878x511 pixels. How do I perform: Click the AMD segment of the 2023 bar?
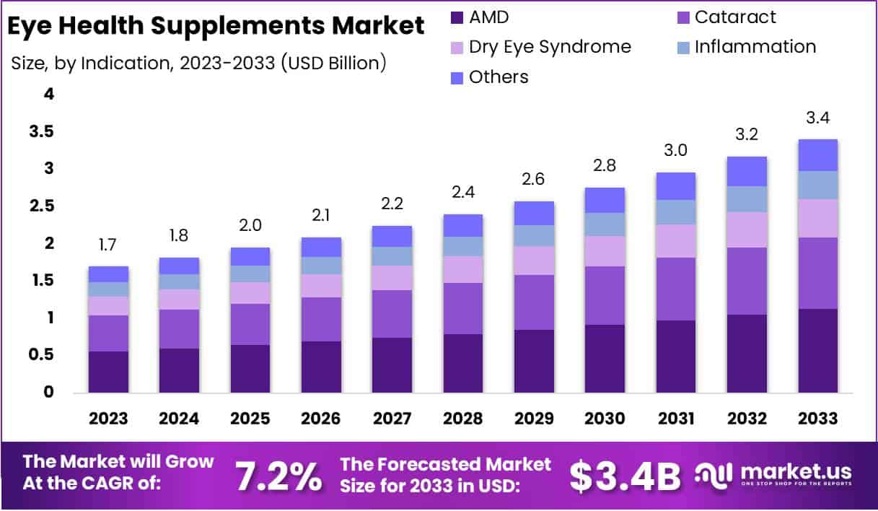tap(108, 372)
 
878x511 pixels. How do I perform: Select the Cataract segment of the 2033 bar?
tap(817, 273)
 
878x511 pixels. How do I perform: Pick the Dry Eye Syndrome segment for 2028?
tap(463, 269)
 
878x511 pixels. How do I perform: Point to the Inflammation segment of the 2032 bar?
tap(747, 199)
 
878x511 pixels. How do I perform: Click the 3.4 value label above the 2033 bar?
tap(817, 118)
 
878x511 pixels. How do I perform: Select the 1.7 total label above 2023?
tap(108, 245)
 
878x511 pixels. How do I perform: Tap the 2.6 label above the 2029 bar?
tap(534, 180)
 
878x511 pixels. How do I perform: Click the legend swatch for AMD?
tap(456, 17)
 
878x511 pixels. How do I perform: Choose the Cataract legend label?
tap(735, 17)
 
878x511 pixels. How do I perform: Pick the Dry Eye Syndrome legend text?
tap(550, 47)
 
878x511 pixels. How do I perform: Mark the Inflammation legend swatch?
tap(682, 47)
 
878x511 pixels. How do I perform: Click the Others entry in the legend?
tap(499, 77)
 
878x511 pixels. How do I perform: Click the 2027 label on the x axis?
tap(392, 419)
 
